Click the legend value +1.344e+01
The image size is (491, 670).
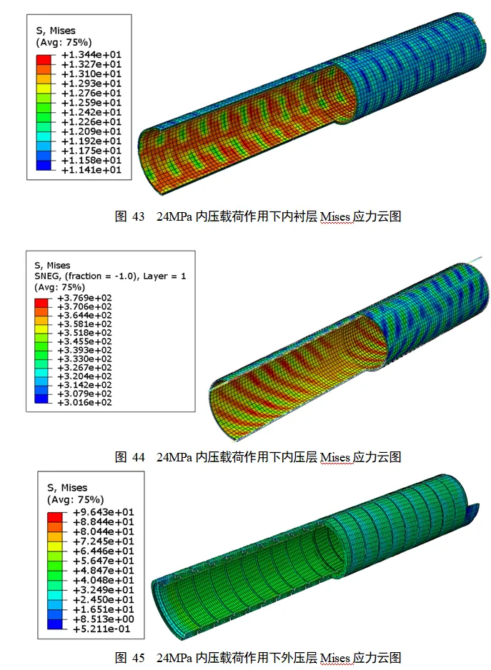[91, 55]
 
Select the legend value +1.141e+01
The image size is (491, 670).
[91, 170]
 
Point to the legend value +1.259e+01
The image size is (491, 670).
[91, 103]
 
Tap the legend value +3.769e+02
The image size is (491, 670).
[84, 298]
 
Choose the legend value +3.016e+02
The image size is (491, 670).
[84, 403]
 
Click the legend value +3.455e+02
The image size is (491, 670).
[84, 341]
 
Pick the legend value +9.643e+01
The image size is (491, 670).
[104, 512]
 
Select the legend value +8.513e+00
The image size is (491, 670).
[104, 619]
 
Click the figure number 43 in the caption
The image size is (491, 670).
[138, 216]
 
